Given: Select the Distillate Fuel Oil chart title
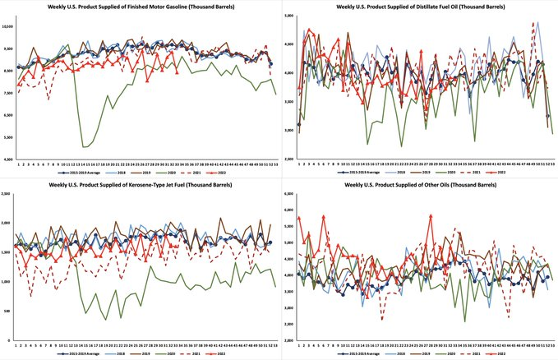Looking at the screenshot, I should [x=422, y=7].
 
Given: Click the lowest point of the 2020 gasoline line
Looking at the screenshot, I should [x=85, y=146].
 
